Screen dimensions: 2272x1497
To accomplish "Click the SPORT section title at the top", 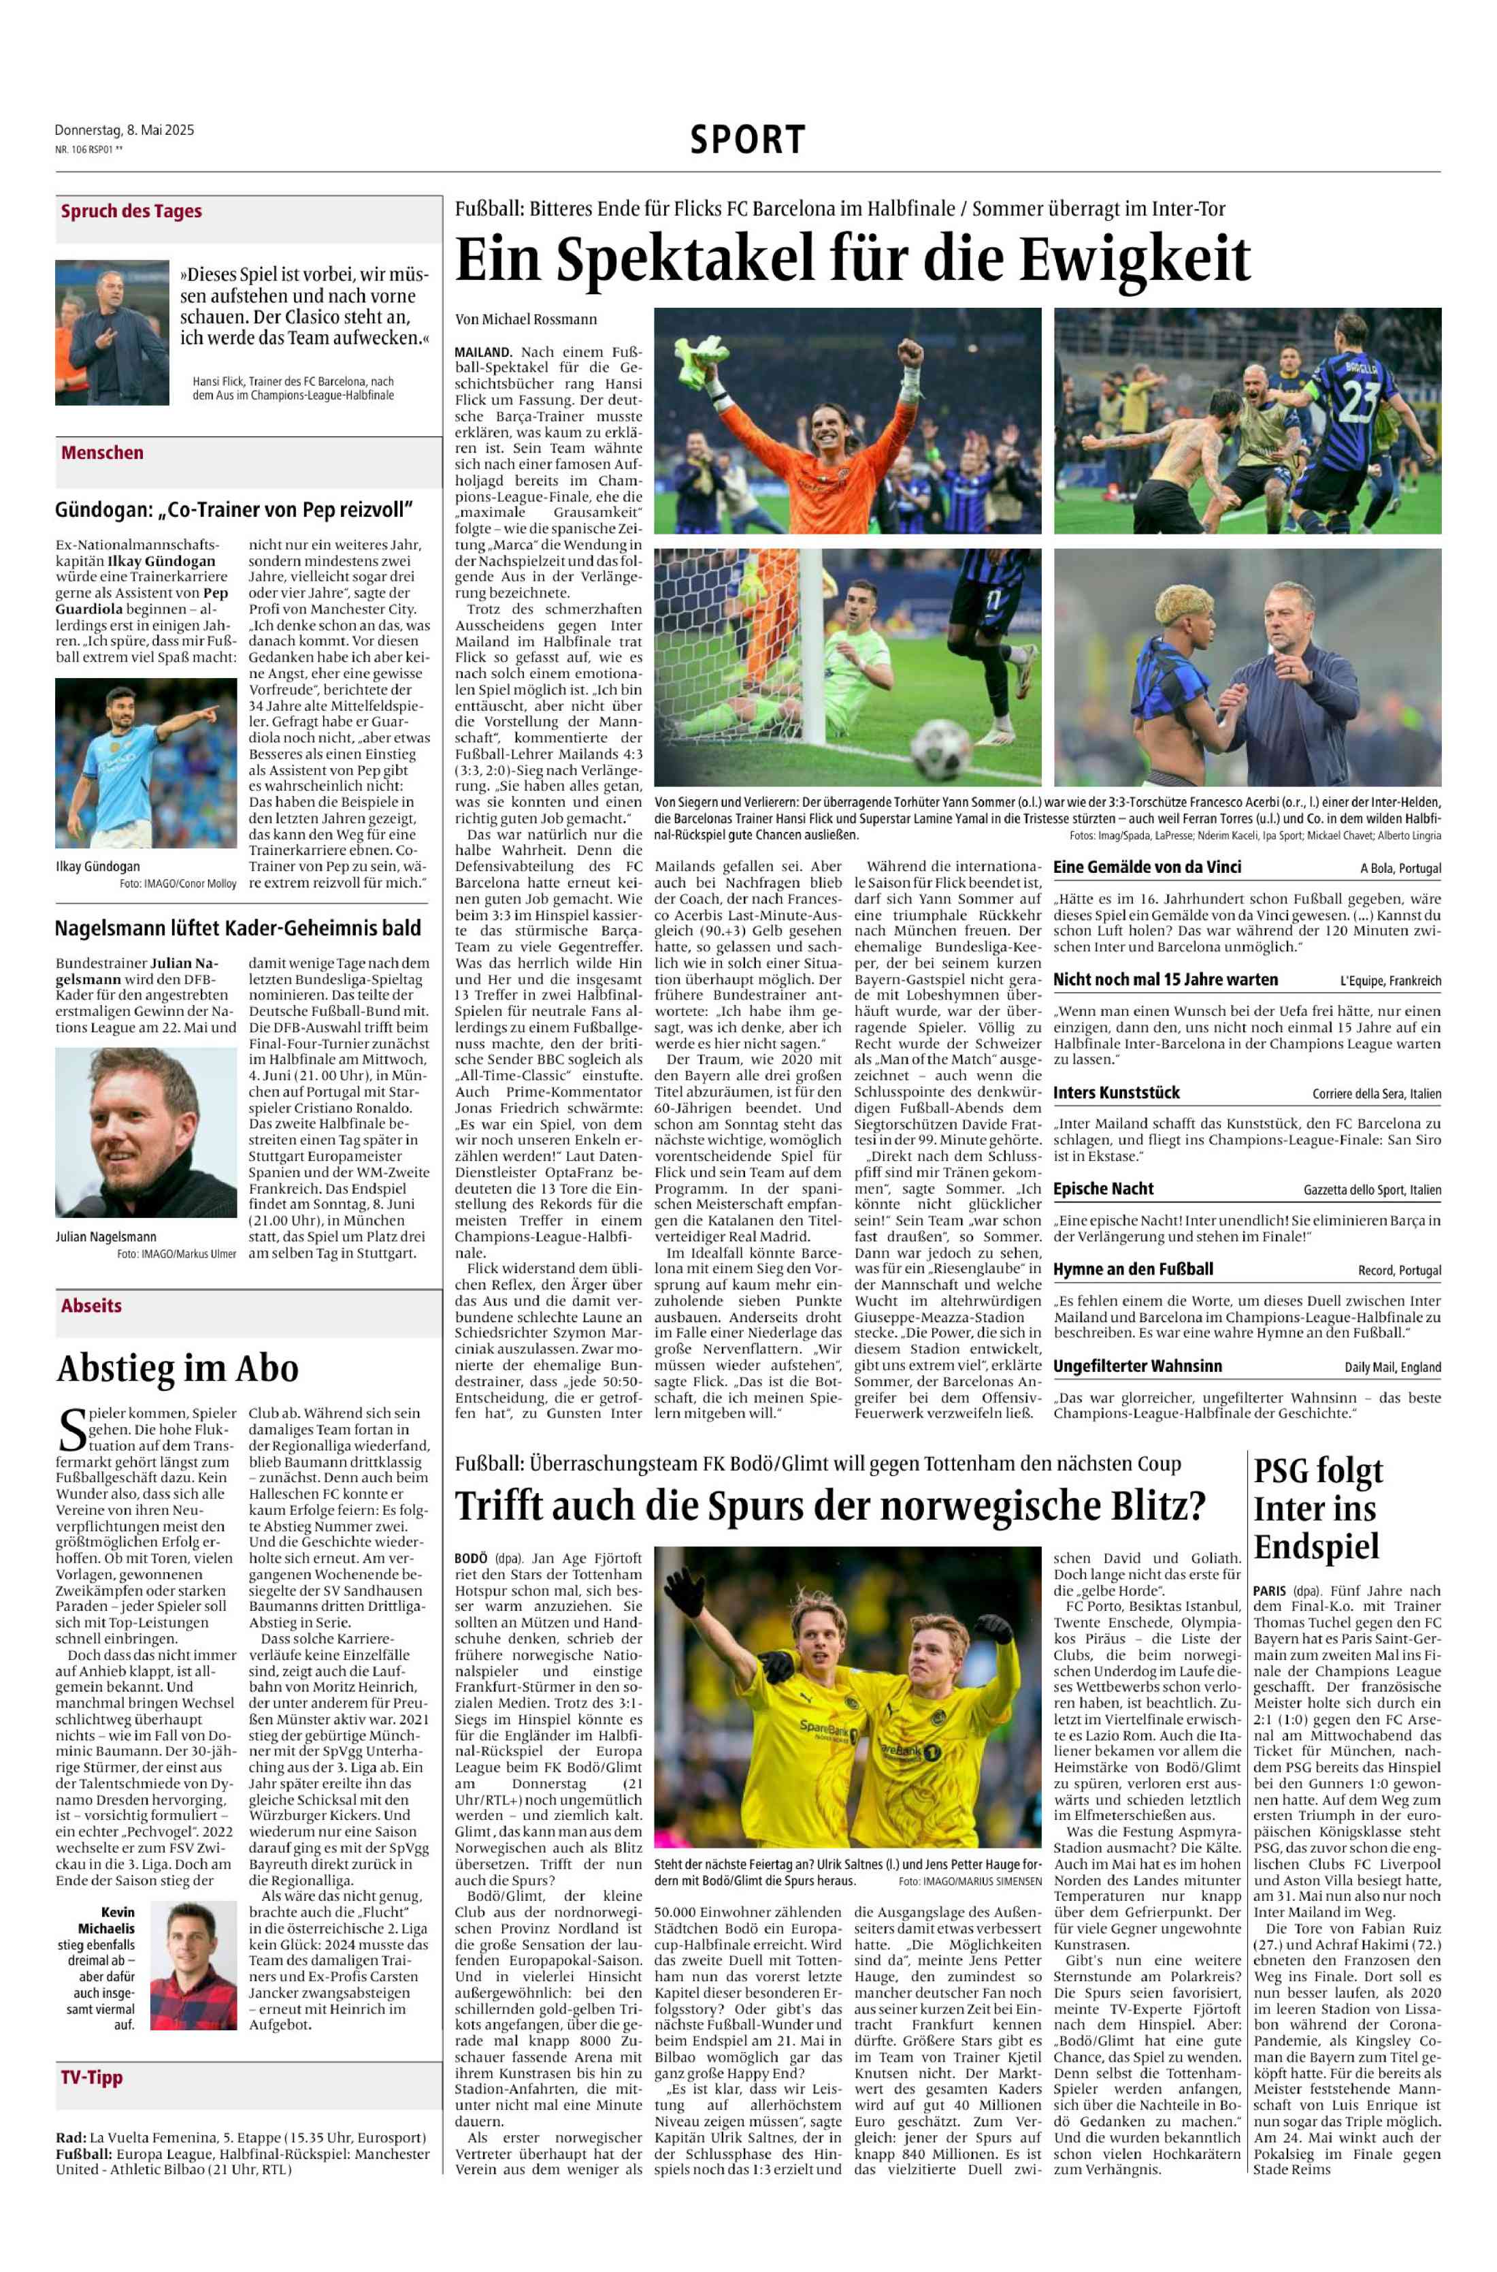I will point(748,140).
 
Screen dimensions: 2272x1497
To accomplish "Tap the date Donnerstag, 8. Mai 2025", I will point(124,130).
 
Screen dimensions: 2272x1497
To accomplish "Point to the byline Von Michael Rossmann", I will point(526,319).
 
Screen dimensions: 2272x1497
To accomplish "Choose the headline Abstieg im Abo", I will point(178,1368).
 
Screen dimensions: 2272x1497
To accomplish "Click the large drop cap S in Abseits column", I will point(71,1430).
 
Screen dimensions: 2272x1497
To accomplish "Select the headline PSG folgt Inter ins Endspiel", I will point(1317,1508).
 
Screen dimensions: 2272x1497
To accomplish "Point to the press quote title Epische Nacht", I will point(1103,1189).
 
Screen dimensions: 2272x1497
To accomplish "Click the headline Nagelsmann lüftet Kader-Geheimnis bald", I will point(237,927).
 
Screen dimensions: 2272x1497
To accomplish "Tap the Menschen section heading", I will point(102,453).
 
